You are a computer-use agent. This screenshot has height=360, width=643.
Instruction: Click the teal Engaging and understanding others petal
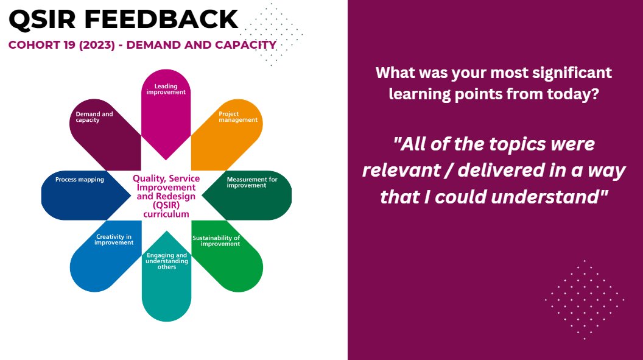tap(166, 286)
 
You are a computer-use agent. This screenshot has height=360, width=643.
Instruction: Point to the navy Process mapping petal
tap(73, 195)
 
